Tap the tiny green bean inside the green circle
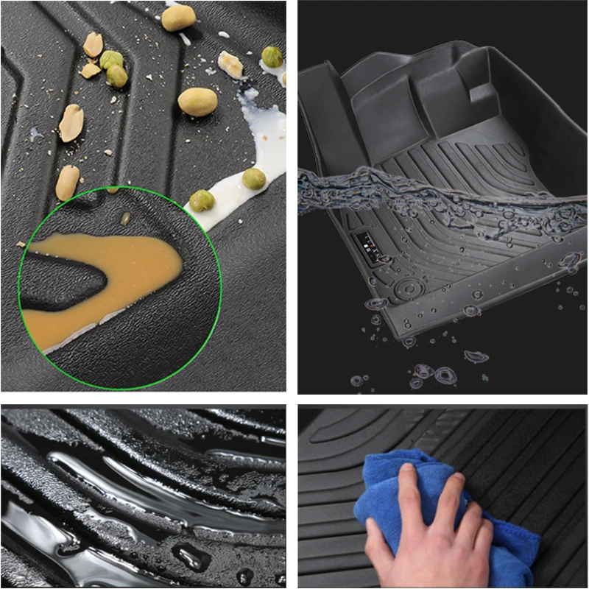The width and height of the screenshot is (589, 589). [x=126, y=218]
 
